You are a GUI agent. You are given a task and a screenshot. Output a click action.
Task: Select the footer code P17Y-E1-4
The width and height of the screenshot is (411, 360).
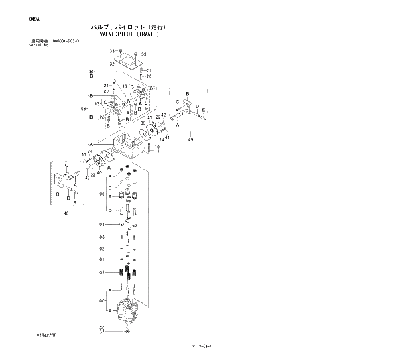point(202,346)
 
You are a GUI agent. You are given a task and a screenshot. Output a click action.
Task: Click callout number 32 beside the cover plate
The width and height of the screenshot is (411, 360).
point(112,64)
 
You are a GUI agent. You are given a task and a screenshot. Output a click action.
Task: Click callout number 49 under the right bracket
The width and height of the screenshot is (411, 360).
point(190,139)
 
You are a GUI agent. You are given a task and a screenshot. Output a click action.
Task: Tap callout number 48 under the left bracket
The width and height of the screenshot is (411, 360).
point(66,213)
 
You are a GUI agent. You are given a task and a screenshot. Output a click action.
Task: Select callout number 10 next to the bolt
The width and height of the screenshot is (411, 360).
point(157,147)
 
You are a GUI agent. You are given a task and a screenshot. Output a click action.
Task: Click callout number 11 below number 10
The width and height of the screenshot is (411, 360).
point(157,151)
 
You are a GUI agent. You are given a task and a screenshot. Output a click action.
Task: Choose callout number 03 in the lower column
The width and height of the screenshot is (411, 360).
point(102,237)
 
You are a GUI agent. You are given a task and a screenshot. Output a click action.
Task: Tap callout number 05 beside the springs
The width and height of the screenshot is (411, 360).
point(102,272)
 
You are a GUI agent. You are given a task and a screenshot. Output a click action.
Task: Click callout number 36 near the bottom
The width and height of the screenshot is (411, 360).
point(102,328)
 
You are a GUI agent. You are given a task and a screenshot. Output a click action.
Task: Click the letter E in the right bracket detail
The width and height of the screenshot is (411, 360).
point(204,109)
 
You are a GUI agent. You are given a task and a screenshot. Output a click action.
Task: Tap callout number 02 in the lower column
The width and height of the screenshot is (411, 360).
point(102,248)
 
